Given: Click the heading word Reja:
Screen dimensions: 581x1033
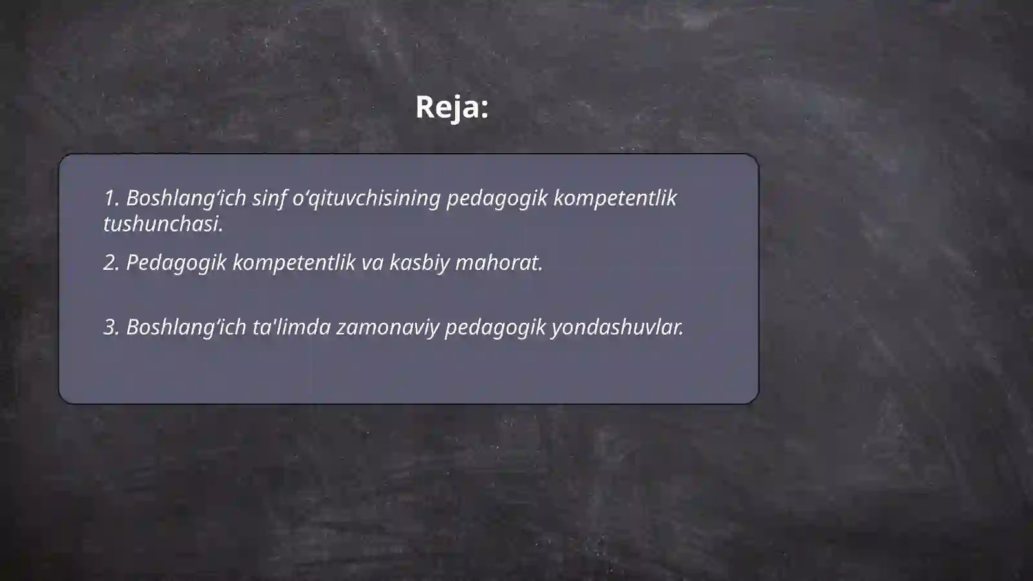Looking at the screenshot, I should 451,107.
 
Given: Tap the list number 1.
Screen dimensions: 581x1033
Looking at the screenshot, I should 110,198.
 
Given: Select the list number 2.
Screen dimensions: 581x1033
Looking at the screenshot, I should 111,263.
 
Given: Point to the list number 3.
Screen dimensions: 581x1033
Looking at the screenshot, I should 111,327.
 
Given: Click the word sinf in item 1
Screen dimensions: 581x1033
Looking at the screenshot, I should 269,198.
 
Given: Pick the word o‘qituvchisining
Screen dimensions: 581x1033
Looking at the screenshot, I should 366,198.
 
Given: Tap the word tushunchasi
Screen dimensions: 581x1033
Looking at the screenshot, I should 163,224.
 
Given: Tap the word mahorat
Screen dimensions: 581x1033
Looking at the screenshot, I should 499,263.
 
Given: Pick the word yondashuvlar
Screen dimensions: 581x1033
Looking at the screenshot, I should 617,327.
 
